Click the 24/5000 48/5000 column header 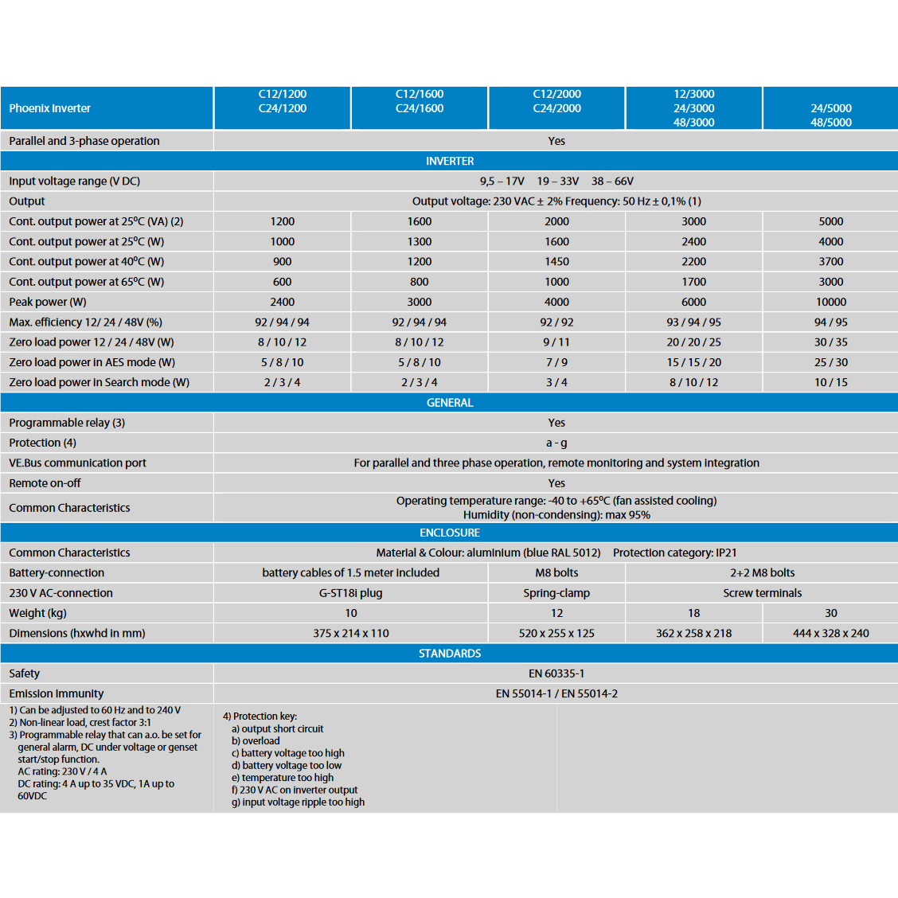830,115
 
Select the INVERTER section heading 450,161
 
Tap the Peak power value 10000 830,302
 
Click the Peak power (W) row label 48,302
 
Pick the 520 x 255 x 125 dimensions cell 556,633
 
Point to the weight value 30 830,613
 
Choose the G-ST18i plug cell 350,593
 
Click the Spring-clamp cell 556,593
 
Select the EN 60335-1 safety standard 556,673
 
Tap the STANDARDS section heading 450,654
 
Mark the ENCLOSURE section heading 450,533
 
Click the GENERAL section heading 450,403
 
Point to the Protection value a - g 556,443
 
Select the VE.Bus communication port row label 77,463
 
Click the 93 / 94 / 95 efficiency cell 693,322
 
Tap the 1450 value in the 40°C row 556,261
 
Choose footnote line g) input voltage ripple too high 298,802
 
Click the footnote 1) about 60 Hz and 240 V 95,710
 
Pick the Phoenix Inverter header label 49,108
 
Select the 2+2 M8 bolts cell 762,572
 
